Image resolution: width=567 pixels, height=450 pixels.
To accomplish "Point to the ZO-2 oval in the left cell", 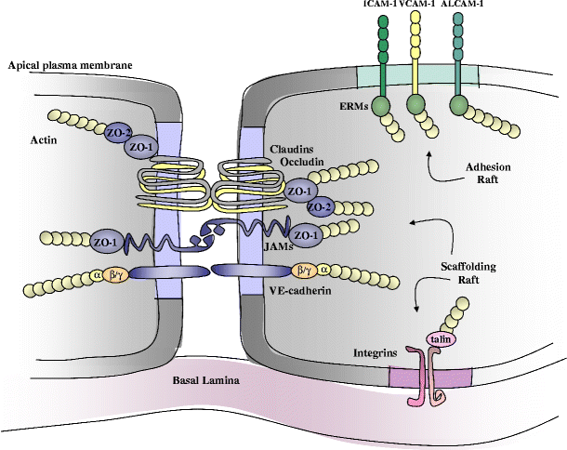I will [x=118, y=131].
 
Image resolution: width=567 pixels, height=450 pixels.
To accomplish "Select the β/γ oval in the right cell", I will [x=305, y=271].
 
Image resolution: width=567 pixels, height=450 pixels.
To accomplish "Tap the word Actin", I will [x=45, y=139].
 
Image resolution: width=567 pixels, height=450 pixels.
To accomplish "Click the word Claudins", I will [x=290, y=148].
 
